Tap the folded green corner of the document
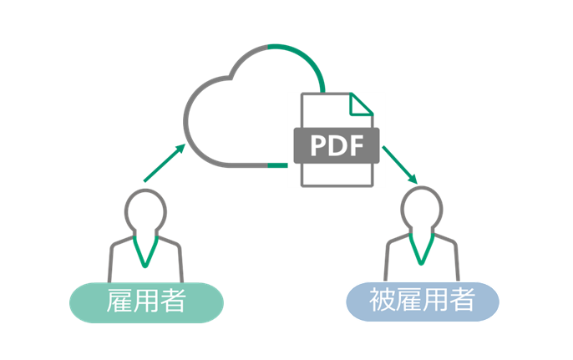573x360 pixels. pyautogui.click(x=361, y=103)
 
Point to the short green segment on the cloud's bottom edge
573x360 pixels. pyautogui.click(x=277, y=165)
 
